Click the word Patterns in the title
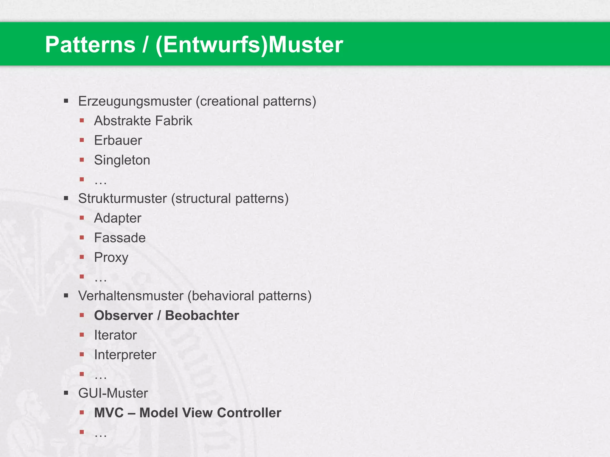(90, 45)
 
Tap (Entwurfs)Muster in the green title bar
(249, 45)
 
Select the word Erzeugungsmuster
(135, 101)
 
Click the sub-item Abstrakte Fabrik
(143, 121)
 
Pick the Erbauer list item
(118, 140)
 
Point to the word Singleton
(122, 160)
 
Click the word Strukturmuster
(122, 198)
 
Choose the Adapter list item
(118, 218)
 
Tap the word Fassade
(120, 238)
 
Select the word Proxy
(111, 257)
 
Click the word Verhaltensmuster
(131, 296)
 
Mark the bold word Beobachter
(202, 315)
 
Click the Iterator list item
(115, 335)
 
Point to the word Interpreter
(125, 355)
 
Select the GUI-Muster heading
(113, 393)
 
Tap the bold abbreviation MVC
(109, 413)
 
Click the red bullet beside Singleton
(82, 160)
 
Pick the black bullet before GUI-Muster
(66, 393)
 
